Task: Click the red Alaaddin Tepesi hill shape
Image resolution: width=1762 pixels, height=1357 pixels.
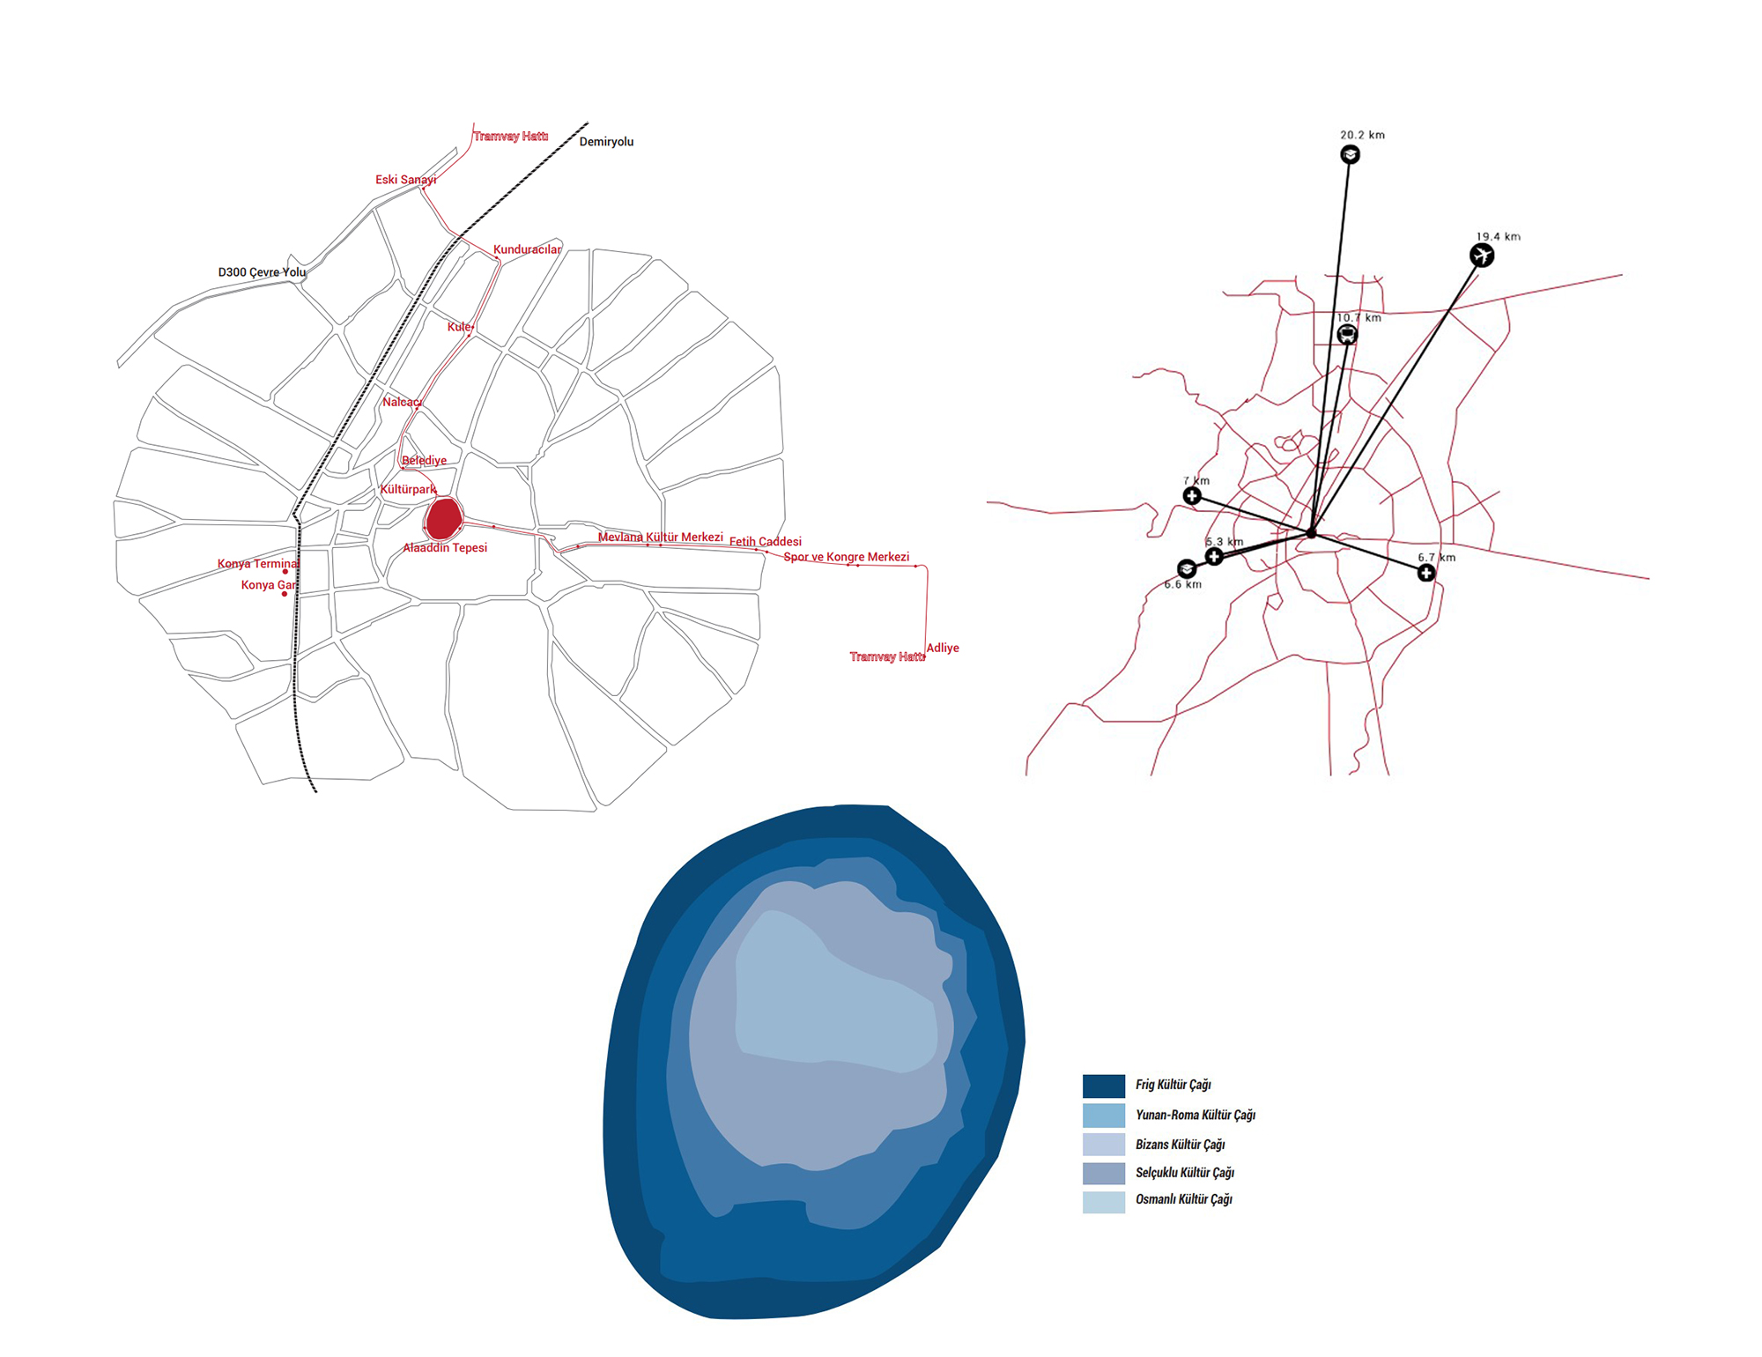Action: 443,519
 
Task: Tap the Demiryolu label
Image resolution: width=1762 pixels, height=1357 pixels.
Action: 606,142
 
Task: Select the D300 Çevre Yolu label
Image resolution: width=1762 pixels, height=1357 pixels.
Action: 262,272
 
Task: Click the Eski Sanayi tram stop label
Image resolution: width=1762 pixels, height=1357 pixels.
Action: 405,180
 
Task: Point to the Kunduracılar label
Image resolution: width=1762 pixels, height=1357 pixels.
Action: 527,249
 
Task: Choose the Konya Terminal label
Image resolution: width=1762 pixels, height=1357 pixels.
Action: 258,564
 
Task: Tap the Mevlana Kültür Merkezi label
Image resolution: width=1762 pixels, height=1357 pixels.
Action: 661,538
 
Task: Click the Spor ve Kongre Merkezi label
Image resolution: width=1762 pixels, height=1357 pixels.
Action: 847,557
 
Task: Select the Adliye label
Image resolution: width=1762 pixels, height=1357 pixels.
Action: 943,648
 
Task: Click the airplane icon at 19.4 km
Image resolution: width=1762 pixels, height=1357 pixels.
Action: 1482,256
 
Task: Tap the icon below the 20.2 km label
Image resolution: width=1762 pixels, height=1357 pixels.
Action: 1350,155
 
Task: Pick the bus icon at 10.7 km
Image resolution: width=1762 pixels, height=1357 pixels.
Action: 1347,334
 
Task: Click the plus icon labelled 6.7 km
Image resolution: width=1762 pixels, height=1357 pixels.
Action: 1426,573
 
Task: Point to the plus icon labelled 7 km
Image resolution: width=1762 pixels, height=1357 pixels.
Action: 1192,496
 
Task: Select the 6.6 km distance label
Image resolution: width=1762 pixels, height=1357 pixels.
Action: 1182,584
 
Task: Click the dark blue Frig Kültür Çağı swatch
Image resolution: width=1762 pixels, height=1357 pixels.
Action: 1104,1086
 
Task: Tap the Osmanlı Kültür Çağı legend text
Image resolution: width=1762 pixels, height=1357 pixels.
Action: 1183,1199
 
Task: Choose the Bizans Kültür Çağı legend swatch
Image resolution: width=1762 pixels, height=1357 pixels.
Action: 1104,1144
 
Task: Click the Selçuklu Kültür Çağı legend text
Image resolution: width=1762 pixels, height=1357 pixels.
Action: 1184,1172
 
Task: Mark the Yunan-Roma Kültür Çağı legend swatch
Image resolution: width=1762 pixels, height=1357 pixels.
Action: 1104,1116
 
